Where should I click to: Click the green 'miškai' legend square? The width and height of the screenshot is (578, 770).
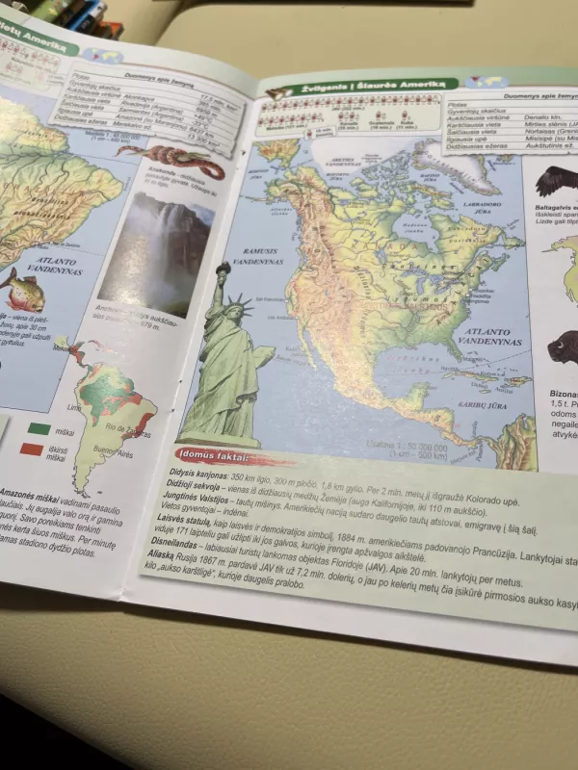(x=40, y=429)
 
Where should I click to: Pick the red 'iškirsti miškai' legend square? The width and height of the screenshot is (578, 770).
(x=33, y=449)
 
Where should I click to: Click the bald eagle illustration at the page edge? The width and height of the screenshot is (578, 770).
(x=557, y=180)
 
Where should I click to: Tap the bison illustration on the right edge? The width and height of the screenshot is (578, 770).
(x=563, y=348)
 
